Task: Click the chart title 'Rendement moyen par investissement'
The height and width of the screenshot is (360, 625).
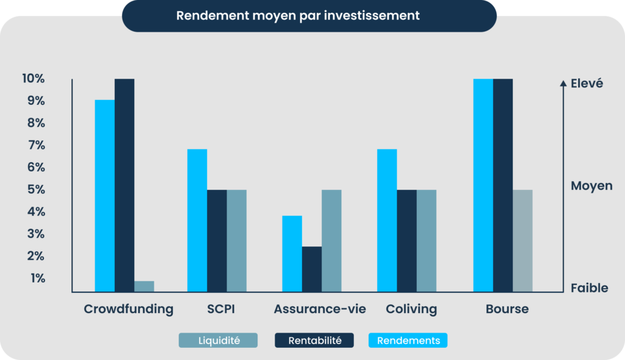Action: point(298,15)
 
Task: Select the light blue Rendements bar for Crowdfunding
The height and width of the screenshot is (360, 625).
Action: point(104,195)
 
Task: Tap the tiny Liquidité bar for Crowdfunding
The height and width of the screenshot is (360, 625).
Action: point(144,286)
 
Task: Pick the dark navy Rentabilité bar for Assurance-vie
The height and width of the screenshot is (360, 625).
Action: point(312,269)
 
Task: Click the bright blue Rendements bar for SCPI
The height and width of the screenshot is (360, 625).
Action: point(197,220)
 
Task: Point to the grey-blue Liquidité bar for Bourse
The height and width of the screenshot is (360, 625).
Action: point(522,240)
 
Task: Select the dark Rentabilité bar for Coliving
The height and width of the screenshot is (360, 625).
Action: point(406,240)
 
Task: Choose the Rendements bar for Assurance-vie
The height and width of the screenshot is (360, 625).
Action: point(292,254)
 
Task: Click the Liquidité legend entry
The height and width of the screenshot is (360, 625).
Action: point(218,340)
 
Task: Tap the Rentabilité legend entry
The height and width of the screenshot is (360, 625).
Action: point(314,340)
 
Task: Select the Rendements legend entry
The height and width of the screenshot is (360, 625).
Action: point(408,340)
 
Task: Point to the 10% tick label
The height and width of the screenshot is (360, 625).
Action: point(33,79)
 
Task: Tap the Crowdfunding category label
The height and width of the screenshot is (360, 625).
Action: point(128,309)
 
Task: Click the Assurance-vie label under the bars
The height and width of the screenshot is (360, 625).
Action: point(320,309)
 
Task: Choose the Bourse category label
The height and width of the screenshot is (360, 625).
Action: point(507,309)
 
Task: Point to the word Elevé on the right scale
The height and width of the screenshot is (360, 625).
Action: point(587,84)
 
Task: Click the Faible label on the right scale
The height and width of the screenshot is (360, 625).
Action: point(589,288)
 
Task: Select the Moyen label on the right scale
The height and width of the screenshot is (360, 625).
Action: point(591,185)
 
